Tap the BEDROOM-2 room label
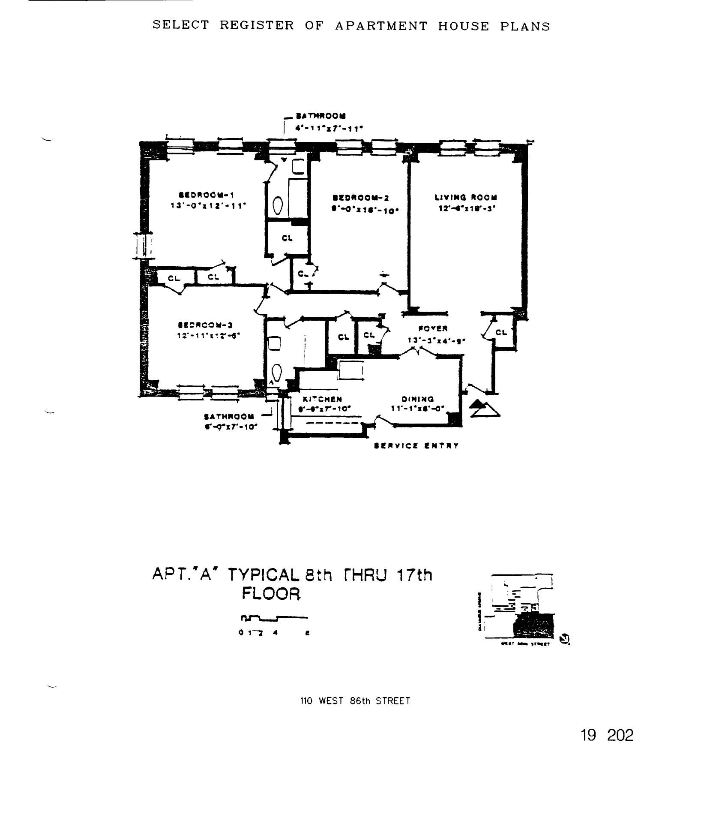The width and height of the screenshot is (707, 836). click(x=361, y=198)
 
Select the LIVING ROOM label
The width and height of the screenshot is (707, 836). click(x=466, y=198)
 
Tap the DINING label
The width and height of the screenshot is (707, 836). click(x=418, y=399)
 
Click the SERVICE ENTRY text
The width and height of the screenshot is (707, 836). click(x=416, y=446)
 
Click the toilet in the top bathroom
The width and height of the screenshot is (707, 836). click(x=278, y=207)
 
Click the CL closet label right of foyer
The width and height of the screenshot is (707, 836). click(x=501, y=332)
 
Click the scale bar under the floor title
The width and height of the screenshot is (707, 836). click(x=274, y=618)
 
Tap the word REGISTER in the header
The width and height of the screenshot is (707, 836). click(x=257, y=26)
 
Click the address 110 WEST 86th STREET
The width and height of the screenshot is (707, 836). click(x=355, y=701)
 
